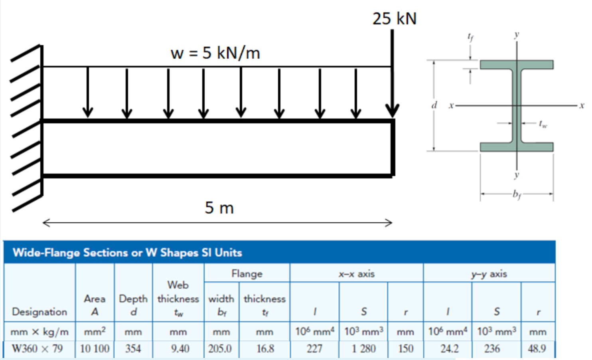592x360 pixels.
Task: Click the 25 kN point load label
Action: [x=394, y=19]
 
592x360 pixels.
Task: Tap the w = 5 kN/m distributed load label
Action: [x=215, y=53]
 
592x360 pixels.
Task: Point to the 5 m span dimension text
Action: [x=219, y=208]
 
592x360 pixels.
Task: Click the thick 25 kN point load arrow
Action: [x=392, y=72]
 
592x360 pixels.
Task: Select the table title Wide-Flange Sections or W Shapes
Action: [x=127, y=253]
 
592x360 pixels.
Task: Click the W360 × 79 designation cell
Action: [x=37, y=348]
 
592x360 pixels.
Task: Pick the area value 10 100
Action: [x=95, y=348]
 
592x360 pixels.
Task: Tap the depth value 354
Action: [x=133, y=348]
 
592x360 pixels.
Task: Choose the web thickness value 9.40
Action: [x=180, y=348]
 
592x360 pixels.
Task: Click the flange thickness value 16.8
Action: [x=265, y=348]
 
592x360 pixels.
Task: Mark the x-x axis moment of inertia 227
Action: [x=314, y=348]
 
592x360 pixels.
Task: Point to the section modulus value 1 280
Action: [x=363, y=348]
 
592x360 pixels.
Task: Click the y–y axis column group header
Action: [x=489, y=274]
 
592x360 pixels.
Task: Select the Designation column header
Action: [x=39, y=312]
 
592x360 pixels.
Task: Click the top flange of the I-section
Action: [x=516, y=65]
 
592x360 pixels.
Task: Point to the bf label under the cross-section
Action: [x=517, y=195]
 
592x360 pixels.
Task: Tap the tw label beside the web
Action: [x=543, y=124]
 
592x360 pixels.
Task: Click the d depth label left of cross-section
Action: [x=434, y=105]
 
